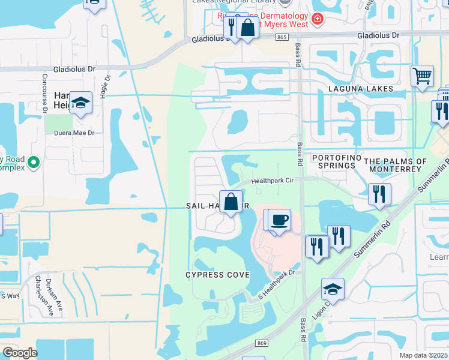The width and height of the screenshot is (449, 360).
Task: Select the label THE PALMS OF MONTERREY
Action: (x=396, y=165)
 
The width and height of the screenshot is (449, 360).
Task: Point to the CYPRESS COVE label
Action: (x=217, y=274)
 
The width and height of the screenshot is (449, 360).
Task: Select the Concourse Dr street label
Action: (x=45, y=93)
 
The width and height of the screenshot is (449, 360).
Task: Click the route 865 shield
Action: (x=282, y=37)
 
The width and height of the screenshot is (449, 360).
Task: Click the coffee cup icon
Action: (x=278, y=220)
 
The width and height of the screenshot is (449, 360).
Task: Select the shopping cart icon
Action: (x=423, y=76)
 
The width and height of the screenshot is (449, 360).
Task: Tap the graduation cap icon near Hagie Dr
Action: (x=80, y=103)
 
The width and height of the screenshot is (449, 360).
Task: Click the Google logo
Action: (x=20, y=352)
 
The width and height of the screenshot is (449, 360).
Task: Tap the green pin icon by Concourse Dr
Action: (x=34, y=161)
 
